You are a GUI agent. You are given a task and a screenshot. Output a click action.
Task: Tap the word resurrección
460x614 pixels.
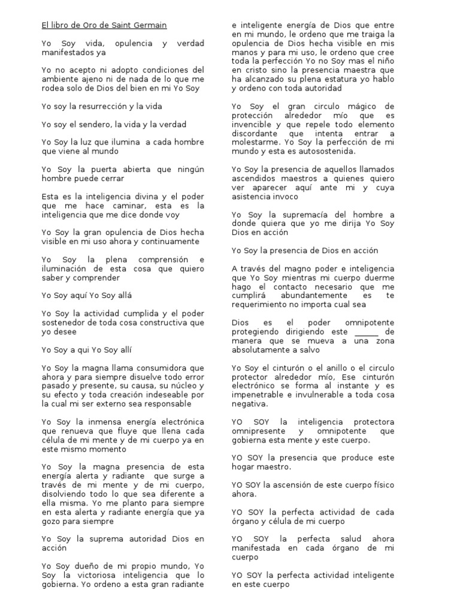pyautogui.click(x=96, y=106)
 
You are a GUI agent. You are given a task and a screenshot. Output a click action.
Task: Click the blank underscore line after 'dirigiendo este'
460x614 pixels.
pyautogui.click(x=367, y=332)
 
